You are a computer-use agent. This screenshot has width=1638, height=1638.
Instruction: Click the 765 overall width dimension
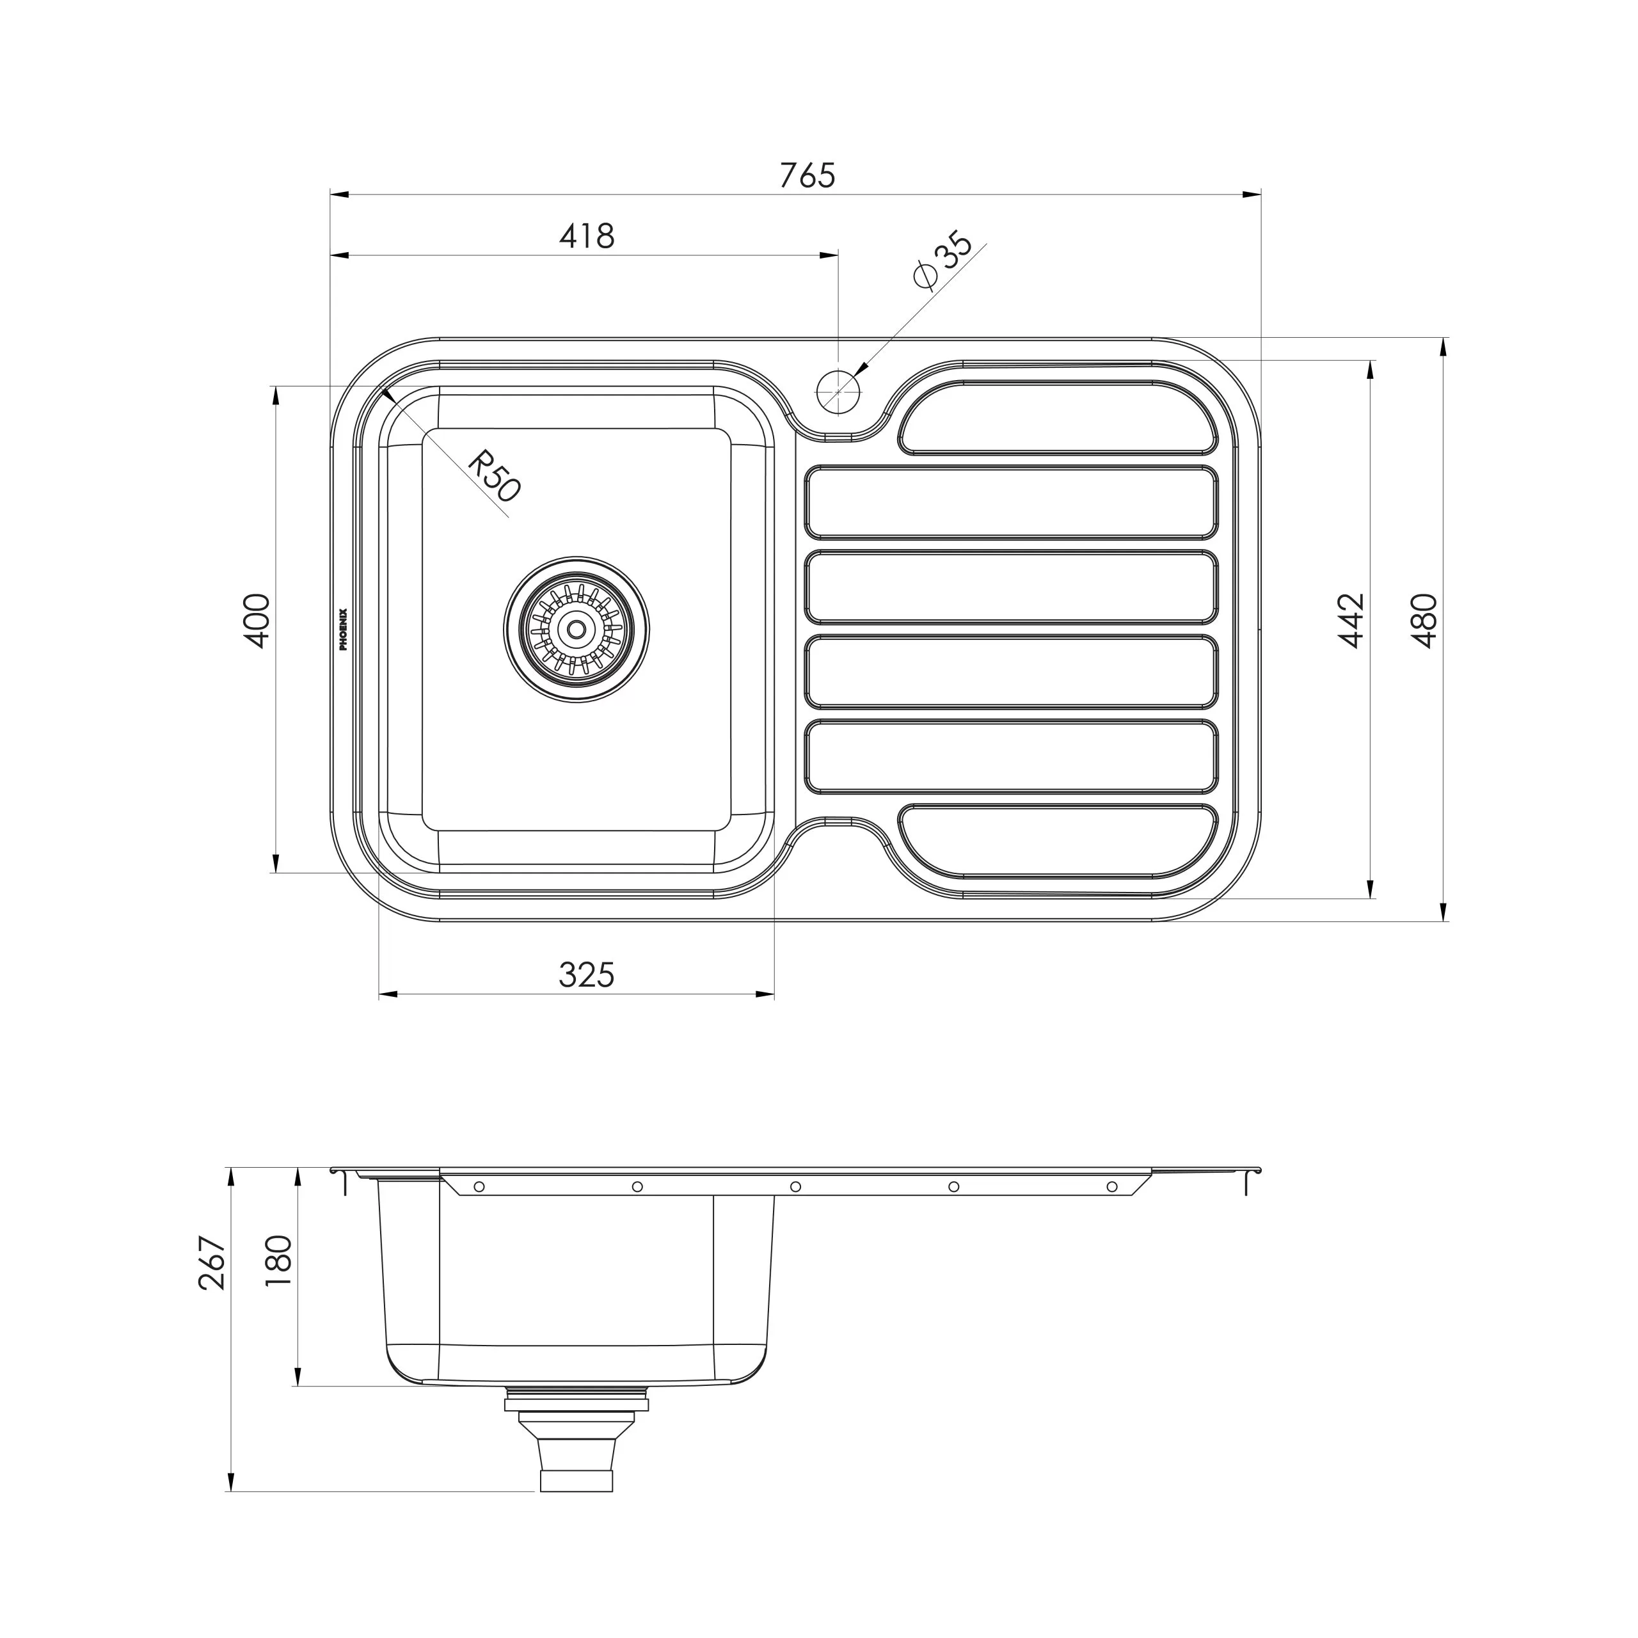pyautogui.click(x=807, y=175)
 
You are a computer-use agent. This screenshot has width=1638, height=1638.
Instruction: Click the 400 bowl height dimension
pyautogui.click(x=257, y=621)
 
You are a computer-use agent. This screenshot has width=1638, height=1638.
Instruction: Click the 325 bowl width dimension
pyautogui.click(x=586, y=975)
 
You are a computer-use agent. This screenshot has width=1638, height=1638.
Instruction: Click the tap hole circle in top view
pyautogui.click(x=838, y=391)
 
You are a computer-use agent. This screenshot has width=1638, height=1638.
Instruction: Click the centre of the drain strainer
pyautogui.click(x=576, y=629)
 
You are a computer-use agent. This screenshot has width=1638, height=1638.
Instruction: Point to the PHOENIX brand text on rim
pyautogui.click(x=344, y=629)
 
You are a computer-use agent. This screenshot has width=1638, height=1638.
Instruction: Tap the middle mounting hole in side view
pyautogui.click(x=795, y=1187)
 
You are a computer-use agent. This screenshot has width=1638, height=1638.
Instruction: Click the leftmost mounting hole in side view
pyautogui.click(x=479, y=1187)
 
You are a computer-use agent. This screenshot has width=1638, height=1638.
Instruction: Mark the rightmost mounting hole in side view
pyautogui.click(x=1112, y=1187)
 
